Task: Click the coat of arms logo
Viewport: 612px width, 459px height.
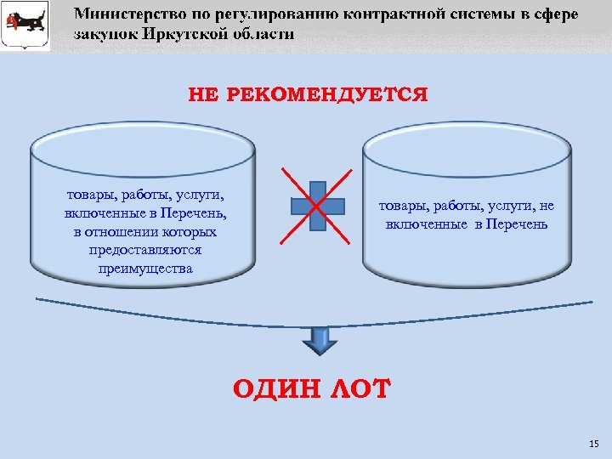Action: (25, 25)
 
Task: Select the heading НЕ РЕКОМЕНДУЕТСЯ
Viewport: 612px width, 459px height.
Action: (309, 93)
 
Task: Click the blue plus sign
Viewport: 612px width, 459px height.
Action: (318, 205)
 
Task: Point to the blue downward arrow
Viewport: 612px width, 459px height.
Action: (320, 340)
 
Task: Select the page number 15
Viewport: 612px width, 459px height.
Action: (592, 445)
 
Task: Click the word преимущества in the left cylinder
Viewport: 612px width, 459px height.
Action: (144, 269)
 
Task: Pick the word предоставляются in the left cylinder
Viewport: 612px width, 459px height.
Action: (144, 251)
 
